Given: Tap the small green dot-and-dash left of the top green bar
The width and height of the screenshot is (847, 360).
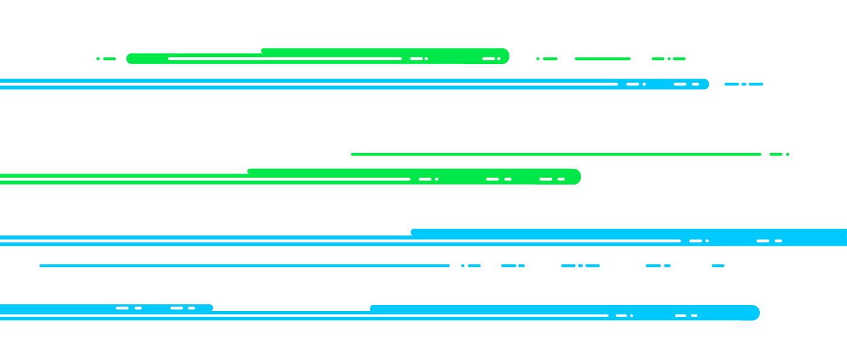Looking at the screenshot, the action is click(x=106, y=59).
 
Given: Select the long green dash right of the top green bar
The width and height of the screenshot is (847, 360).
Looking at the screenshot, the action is click(x=602, y=59).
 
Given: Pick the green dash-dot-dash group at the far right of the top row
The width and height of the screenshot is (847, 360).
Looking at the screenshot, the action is click(x=669, y=59).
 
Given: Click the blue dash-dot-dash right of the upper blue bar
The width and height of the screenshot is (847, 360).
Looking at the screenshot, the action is click(x=744, y=84).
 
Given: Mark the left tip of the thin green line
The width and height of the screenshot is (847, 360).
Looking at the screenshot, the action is click(x=353, y=154).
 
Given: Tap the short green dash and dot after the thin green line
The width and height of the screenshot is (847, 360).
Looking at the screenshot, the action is click(x=779, y=154).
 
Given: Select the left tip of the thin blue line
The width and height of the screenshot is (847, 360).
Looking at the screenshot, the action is click(x=41, y=266).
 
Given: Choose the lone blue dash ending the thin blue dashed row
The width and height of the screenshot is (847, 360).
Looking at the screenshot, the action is click(x=718, y=266).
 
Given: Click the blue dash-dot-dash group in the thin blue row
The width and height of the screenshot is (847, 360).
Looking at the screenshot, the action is click(x=580, y=266).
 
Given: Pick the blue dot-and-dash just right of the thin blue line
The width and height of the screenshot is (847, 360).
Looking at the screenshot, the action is click(x=471, y=266).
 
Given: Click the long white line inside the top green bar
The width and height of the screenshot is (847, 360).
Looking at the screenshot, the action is click(x=284, y=59).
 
